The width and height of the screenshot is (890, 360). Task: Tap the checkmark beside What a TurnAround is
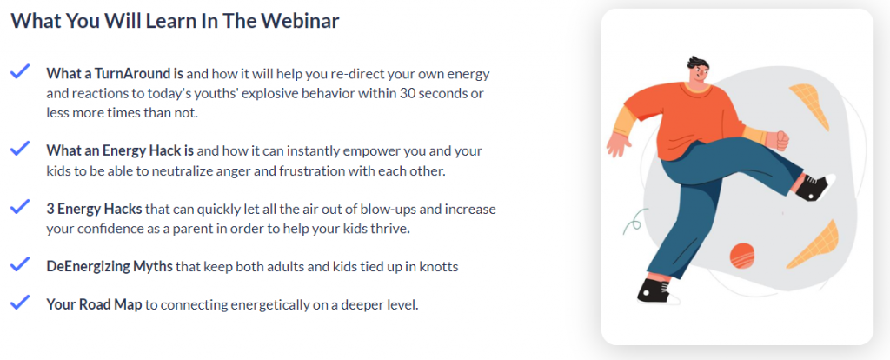pyautogui.click(x=20, y=71)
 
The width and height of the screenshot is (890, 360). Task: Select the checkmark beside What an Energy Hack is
pyautogui.click(x=20, y=149)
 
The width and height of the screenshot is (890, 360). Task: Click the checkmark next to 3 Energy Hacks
pyautogui.click(x=20, y=207)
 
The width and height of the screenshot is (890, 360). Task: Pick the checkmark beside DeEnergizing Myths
pyautogui.click(x=20, y=263)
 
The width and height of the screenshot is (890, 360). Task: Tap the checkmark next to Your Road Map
pyautogui.click(x=20, y=302)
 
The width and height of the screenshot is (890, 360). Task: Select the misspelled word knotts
pyautogui.click(x=439, y=266)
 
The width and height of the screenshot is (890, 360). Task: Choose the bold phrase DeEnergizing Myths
pyautogui.click(x=110, y=266)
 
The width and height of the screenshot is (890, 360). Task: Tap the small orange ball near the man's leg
pyautogui.click(x=741, y=255)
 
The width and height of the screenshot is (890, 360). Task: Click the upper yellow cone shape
pyautogui.click(x=810, y=104)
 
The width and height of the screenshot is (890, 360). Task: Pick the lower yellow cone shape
pyautogui.click(x=813, y=244)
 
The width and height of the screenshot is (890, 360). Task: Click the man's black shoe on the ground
pyautogui.click(x=657, y=290)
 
